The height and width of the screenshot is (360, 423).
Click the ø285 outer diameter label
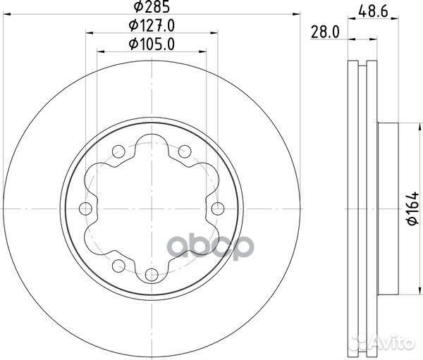coord(152,6)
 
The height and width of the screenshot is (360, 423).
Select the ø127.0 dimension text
coord(152,25)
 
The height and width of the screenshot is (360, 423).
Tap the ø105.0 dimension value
coord(152,44)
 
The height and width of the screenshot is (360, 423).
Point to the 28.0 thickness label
coord(325,32)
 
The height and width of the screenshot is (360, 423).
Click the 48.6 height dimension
coord(374,11)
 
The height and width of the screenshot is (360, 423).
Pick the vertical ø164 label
coord(412,208)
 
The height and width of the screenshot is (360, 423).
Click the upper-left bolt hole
coord(118,151)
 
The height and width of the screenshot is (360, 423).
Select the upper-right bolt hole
coord(185,151)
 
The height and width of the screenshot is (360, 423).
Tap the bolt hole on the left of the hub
coord(85,209)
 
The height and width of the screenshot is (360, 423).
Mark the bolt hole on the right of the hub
coord(218,209)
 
